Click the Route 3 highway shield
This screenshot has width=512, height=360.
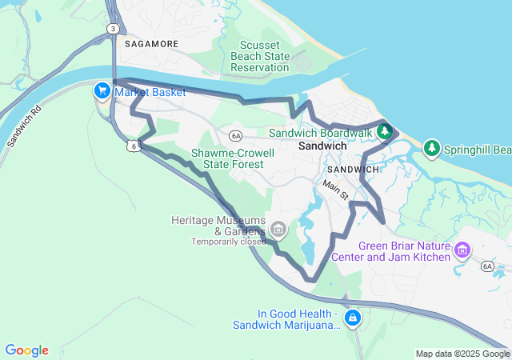(114, 29)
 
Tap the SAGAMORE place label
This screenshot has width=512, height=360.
(150, 45)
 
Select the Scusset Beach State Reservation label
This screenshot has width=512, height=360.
(259, 56)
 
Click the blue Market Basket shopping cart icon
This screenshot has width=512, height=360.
(102, 91)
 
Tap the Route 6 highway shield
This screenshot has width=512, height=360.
(133, 146)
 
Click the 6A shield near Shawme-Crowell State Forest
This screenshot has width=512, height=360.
(234, 134)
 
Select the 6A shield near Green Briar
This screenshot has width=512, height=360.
(487, 266)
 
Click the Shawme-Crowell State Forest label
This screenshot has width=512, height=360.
(233, 158)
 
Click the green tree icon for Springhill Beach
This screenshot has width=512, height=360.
(432, 148)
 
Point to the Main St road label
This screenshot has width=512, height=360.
(336, 190)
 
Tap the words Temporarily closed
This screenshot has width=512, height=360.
(228, 242)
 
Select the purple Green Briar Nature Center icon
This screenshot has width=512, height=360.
(462, 252)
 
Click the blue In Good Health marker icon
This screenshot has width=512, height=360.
(353, 319)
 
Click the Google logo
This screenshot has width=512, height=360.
(27, 350)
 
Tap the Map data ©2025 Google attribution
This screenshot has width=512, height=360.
(462, 354)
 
